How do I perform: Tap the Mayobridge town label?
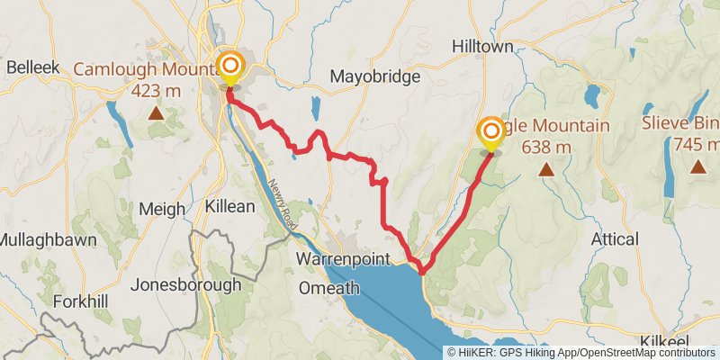click(374, 76)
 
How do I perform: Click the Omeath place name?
click(330, 288)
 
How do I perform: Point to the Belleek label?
click(31, 66)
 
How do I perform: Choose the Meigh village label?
click(162, 209)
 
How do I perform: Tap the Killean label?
click(229, 206)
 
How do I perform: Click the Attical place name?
click(616, 238)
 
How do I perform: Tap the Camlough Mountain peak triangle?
click(156, 113)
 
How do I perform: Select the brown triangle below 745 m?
click(697, 166)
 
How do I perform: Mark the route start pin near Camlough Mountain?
click(231, 67)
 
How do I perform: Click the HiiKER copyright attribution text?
click(581, 353)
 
